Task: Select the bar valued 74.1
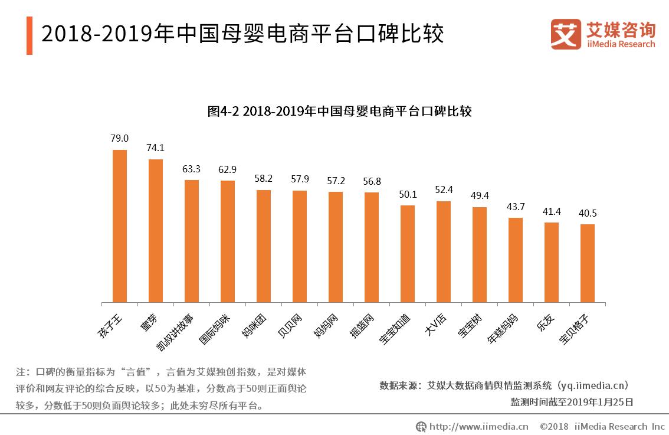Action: [x=156, y=231]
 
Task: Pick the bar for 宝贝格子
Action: [x=587, y=263]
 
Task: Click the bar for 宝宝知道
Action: [x=408, y=254]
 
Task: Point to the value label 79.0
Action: [x=120, y=139]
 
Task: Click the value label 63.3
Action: [x=191, y=169]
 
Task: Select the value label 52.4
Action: [x=444, y=190]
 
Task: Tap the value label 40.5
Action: [x=587, y=213]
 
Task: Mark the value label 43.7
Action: [x=516, y=207]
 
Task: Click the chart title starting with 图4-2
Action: [x=339, y=111]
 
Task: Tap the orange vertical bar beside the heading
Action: [x=29, y=36]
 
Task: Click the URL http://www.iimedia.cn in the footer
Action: [x=478, y=426]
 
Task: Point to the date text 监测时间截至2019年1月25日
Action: [x=572, y=403]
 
